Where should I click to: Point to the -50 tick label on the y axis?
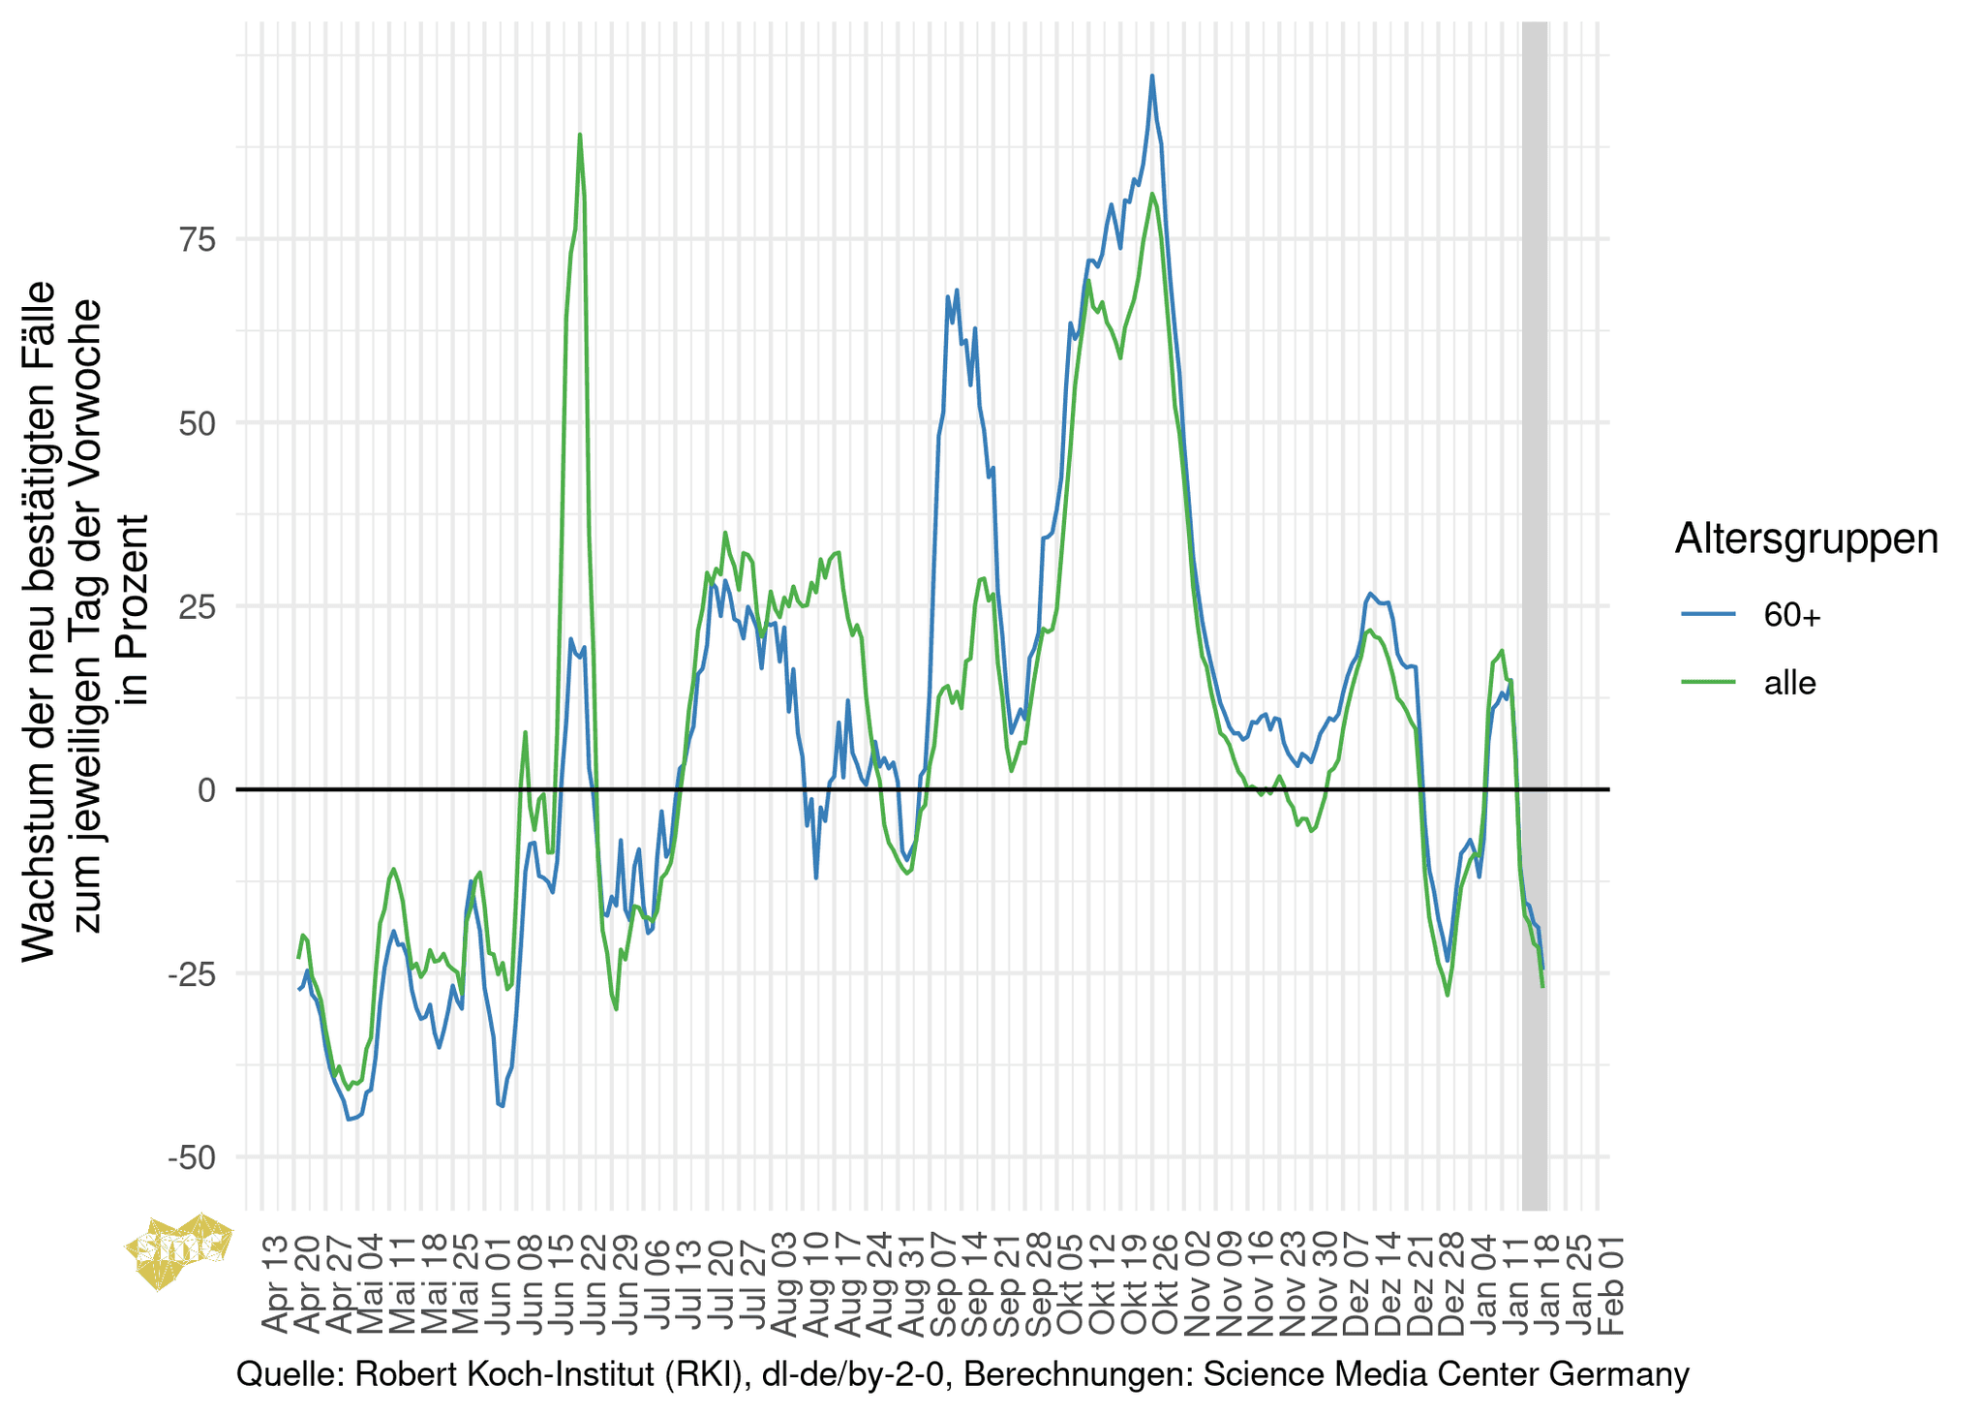coord(192,1157)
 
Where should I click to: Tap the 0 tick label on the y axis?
coord(206,790)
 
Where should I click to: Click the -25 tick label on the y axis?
coord(192,974)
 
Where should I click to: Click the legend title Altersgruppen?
coord(1806,539)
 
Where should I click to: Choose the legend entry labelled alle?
coord(1789,683)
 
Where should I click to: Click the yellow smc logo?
coord(180,1250)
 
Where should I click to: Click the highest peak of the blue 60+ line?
coord(1151,77)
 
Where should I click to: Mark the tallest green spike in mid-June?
coord(579,136)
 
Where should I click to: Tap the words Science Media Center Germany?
coord(1446,1374)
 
